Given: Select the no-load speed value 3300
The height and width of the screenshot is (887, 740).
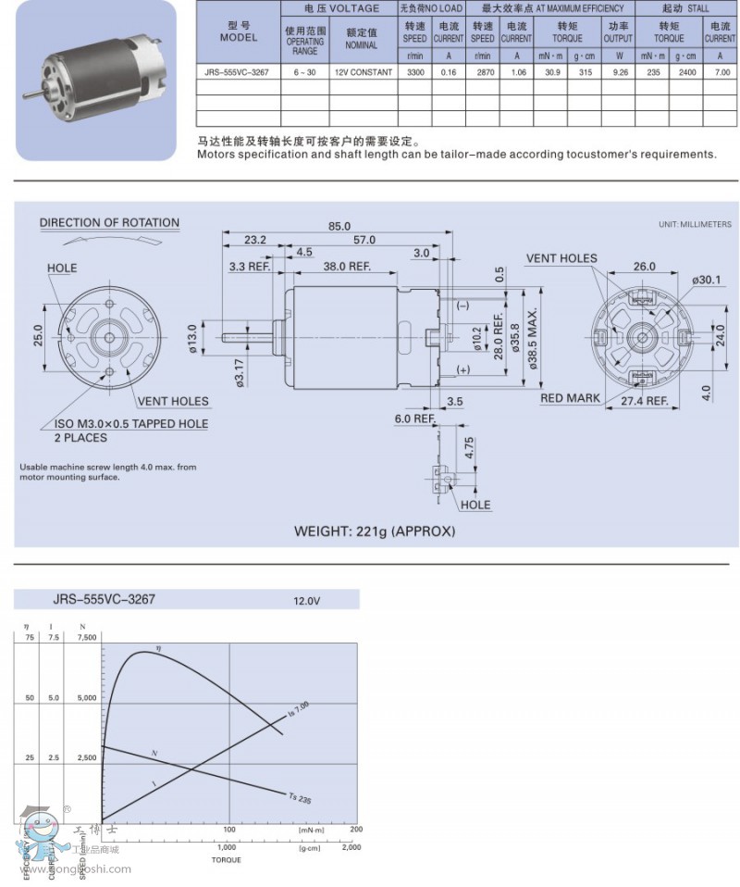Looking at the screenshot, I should point(414,71).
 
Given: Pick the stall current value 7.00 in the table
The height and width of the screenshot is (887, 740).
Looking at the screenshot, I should point(720,71).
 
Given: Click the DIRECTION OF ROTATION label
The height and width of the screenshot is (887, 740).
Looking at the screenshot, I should point(109,223).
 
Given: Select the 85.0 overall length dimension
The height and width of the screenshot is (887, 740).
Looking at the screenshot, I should point(339,226).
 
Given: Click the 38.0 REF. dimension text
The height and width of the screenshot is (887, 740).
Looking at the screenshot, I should point(347,266).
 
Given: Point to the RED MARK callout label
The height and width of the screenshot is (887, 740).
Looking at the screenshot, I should point(570,398).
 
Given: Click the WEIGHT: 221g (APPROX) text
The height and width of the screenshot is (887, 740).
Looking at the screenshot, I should point(375,531).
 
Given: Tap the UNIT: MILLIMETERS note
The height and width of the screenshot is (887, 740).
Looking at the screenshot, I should point(695,225).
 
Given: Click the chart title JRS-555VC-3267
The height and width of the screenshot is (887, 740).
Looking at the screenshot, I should point(104,599).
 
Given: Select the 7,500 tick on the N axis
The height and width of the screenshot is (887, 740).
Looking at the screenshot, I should point(86,637).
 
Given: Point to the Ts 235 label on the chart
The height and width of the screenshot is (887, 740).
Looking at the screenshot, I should point(300,797).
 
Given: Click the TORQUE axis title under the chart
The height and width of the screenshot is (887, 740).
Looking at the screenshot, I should point(227,860).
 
